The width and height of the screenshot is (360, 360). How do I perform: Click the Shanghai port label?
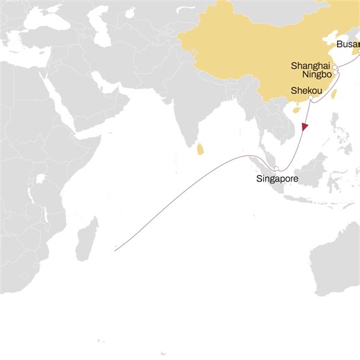[309, 64]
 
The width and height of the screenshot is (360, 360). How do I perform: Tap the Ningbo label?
[317, 74]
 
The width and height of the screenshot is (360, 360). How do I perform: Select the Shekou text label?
[306, 91]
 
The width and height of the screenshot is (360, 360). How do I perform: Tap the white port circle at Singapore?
[276, 169]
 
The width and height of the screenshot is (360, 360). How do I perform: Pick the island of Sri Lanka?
[201, 148]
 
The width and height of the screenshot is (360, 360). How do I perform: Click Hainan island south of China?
[298, 109]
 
